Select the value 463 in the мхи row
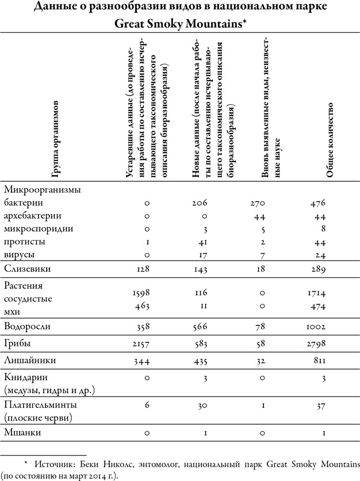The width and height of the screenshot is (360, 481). (x=141, y=306)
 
